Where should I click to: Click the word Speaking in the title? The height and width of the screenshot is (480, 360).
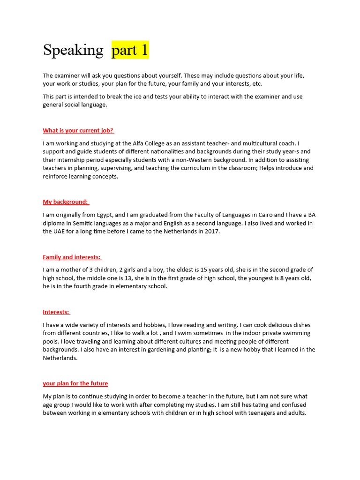73,50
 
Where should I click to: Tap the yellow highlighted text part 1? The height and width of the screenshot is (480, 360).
130,50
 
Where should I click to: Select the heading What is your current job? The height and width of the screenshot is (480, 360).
78,130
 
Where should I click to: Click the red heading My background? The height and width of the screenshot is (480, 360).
66,202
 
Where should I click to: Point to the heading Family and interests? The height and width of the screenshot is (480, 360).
72,257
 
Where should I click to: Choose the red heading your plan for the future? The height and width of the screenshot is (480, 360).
75,383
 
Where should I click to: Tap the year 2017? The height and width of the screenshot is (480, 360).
212,231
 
